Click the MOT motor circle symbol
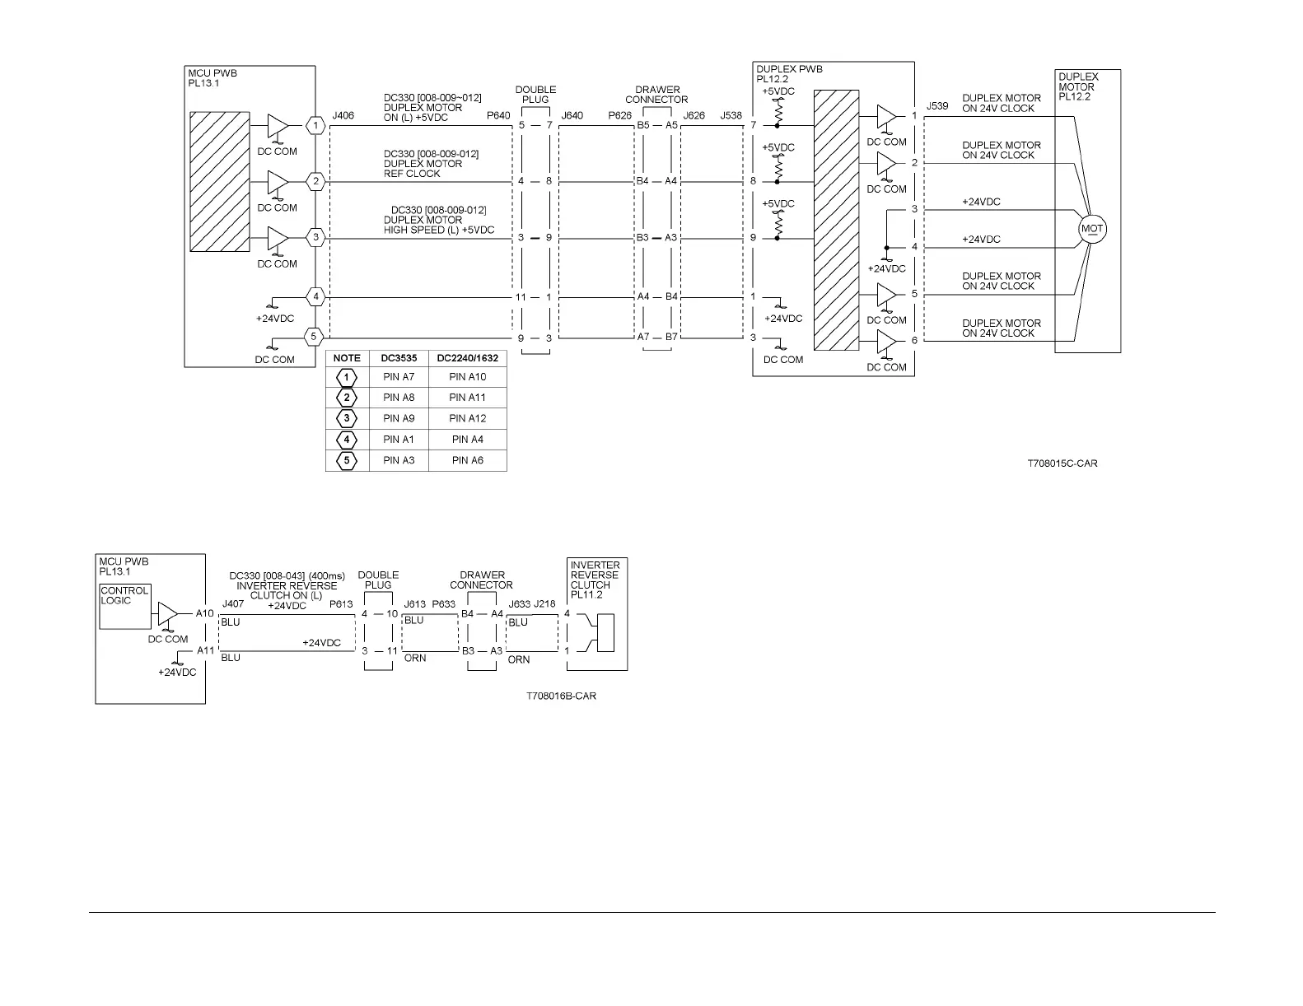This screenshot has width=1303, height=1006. click(1092, 229)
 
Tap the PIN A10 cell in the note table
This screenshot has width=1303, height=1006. click(467, 377)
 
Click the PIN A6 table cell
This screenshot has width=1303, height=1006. click(467, 460)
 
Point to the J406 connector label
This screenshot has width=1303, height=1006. click(343, 116)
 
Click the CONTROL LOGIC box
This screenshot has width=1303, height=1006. click(124, 606)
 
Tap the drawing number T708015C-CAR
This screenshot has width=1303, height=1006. click(1062, 463)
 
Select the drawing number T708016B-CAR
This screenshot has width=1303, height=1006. click(561, 696)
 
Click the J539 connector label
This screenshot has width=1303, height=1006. click(937, 106)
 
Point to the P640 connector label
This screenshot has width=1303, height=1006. click(498, 116)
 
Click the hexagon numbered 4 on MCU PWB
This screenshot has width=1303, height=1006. click(315, 296)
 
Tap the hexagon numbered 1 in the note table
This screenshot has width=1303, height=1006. click(347, 377)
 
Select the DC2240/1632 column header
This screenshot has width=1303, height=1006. click(467, 358)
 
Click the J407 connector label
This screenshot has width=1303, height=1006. click(233, 604)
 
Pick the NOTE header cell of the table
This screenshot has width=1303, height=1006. click(347, 358)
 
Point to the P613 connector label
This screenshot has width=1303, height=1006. click(341, 604)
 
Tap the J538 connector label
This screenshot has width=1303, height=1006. click(731, 116)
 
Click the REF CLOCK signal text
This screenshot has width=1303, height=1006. click(412, 174)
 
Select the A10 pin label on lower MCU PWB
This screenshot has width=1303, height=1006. click(205, 613)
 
